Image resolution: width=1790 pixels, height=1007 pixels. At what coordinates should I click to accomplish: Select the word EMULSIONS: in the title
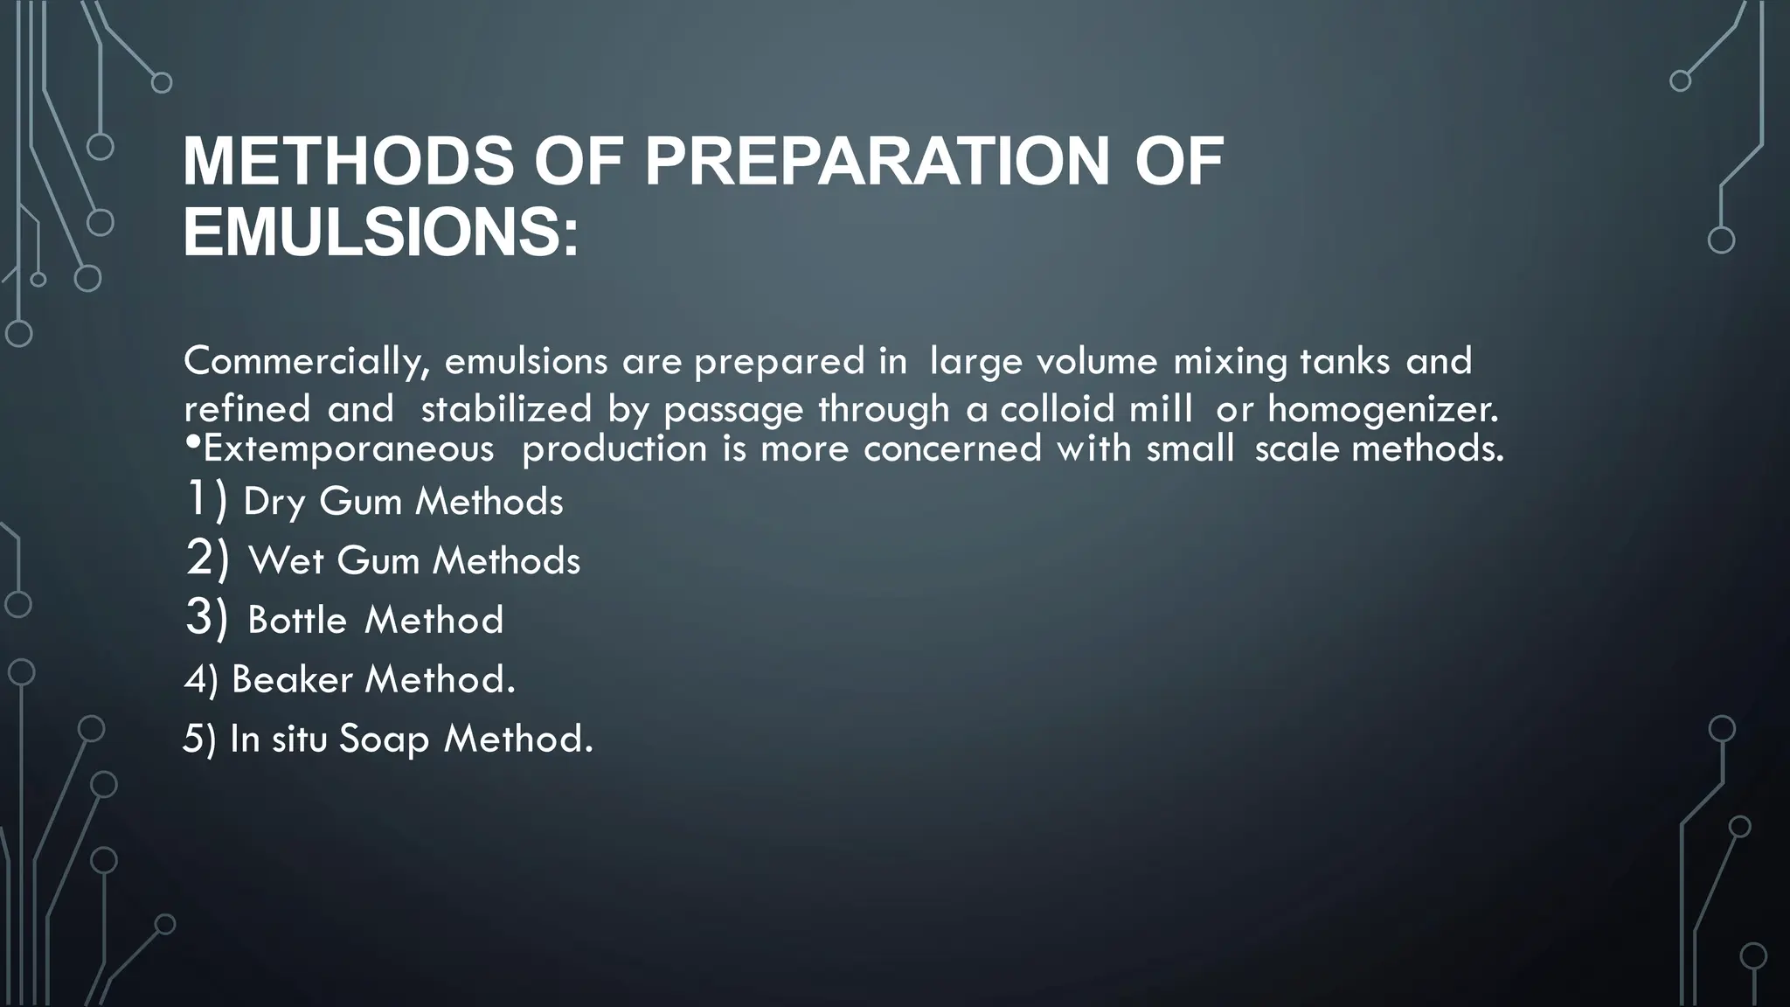[380, 233]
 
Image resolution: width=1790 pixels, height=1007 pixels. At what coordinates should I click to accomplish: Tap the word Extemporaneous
[348, 449]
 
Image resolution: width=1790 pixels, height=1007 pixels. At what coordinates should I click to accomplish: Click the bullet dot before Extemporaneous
[192, 444]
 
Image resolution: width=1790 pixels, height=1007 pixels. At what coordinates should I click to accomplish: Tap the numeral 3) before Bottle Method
[207, 618]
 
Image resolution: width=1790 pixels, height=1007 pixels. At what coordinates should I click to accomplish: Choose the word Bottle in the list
[297, 621]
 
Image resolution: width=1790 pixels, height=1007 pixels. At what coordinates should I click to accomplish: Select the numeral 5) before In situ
[199, 740]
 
